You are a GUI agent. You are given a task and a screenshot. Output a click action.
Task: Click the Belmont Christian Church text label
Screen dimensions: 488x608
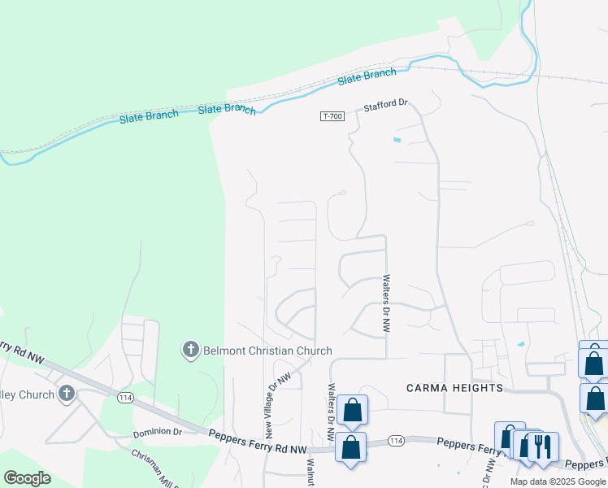pyautogui.click(x=267, y=351)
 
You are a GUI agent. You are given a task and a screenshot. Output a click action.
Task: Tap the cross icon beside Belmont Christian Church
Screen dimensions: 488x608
pyautogui.click(x=190, y=351)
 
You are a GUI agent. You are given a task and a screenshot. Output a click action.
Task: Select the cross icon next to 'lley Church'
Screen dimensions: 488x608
pyautogui.click(x=67, y=394)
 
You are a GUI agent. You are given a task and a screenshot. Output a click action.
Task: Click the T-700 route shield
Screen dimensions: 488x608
pyautogui.click(x=332, y=116)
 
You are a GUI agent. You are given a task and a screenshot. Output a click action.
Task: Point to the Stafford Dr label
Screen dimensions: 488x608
pyautogui.click(x=384, y=107)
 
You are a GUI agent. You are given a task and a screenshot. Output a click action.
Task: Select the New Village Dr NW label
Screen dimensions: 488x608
pyautogui.click(x=275, y=405)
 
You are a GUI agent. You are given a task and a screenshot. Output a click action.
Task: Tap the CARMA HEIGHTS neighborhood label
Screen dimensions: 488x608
pyautogui.click(x=454, y=388)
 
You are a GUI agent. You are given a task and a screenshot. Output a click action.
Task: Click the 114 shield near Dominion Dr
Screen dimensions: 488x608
pyautogui.click(x=125, y=397)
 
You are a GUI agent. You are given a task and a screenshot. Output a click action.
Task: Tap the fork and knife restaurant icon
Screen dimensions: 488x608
pyautogui.click(x=544, y=447)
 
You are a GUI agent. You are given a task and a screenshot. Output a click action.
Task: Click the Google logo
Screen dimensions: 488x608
pyautogui.click(x=27, y=478)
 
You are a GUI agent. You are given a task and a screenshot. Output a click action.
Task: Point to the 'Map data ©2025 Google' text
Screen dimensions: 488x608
pyautogui.click(x=558, y=481)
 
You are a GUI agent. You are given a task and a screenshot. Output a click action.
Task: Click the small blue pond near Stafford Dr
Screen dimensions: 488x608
pyautogui.click(x=397, y=140)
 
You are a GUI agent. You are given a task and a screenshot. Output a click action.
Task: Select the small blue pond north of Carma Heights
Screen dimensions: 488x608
pyautogui.click(x=521, y=344)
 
